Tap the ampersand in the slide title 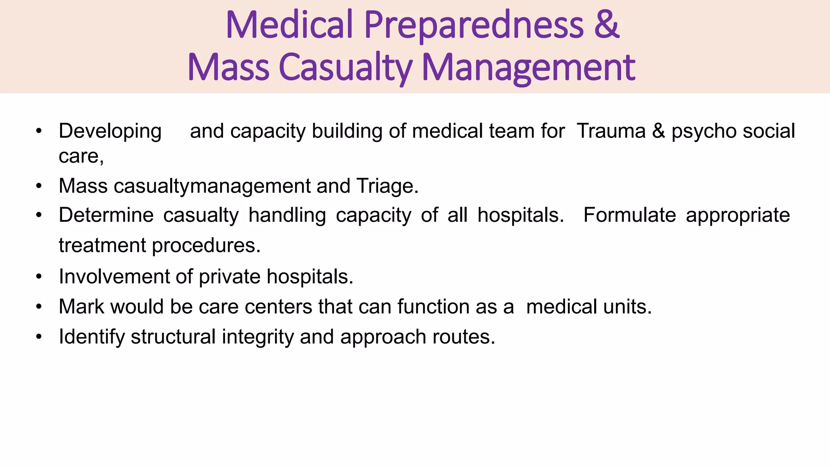click(x=607, y=25)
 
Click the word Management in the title click(x=528, y=68)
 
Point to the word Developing click(x=110, y=132)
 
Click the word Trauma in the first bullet click(x=611, y=131)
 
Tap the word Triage click(x=387, y=186)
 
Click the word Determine click(x=106, y=215)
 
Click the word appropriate click(x=738, y=216)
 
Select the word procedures click(x=206, y=246)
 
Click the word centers click(x=278, y=306)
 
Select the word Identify click(x=92, y=337)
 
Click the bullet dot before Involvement click(x=39, y=277)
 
